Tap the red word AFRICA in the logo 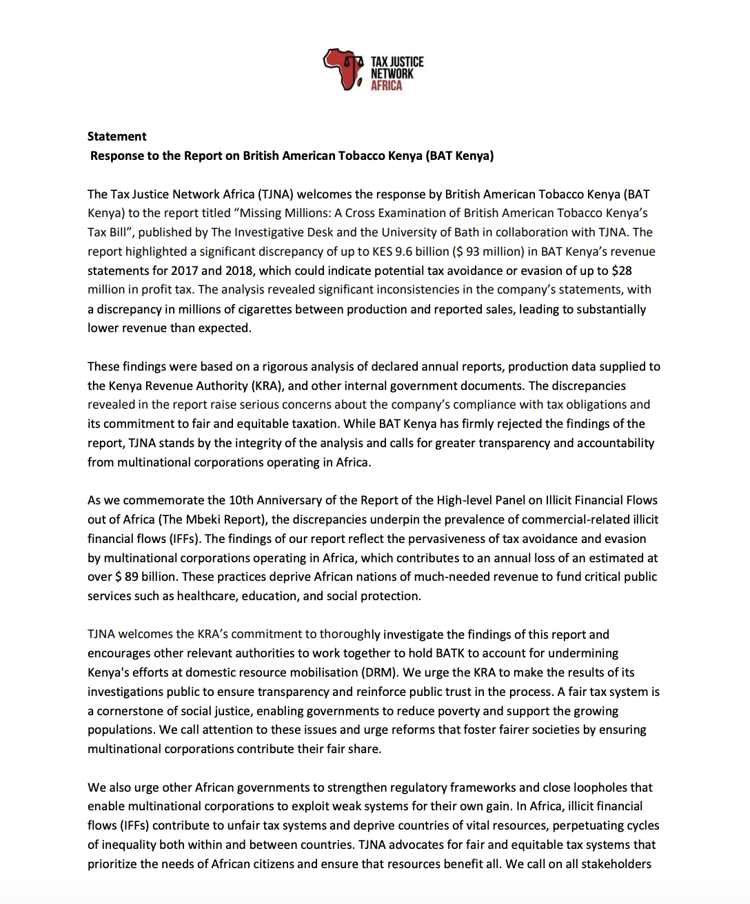coord(386,85)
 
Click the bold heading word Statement coord(116,136)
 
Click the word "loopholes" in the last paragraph coord(600,788)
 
